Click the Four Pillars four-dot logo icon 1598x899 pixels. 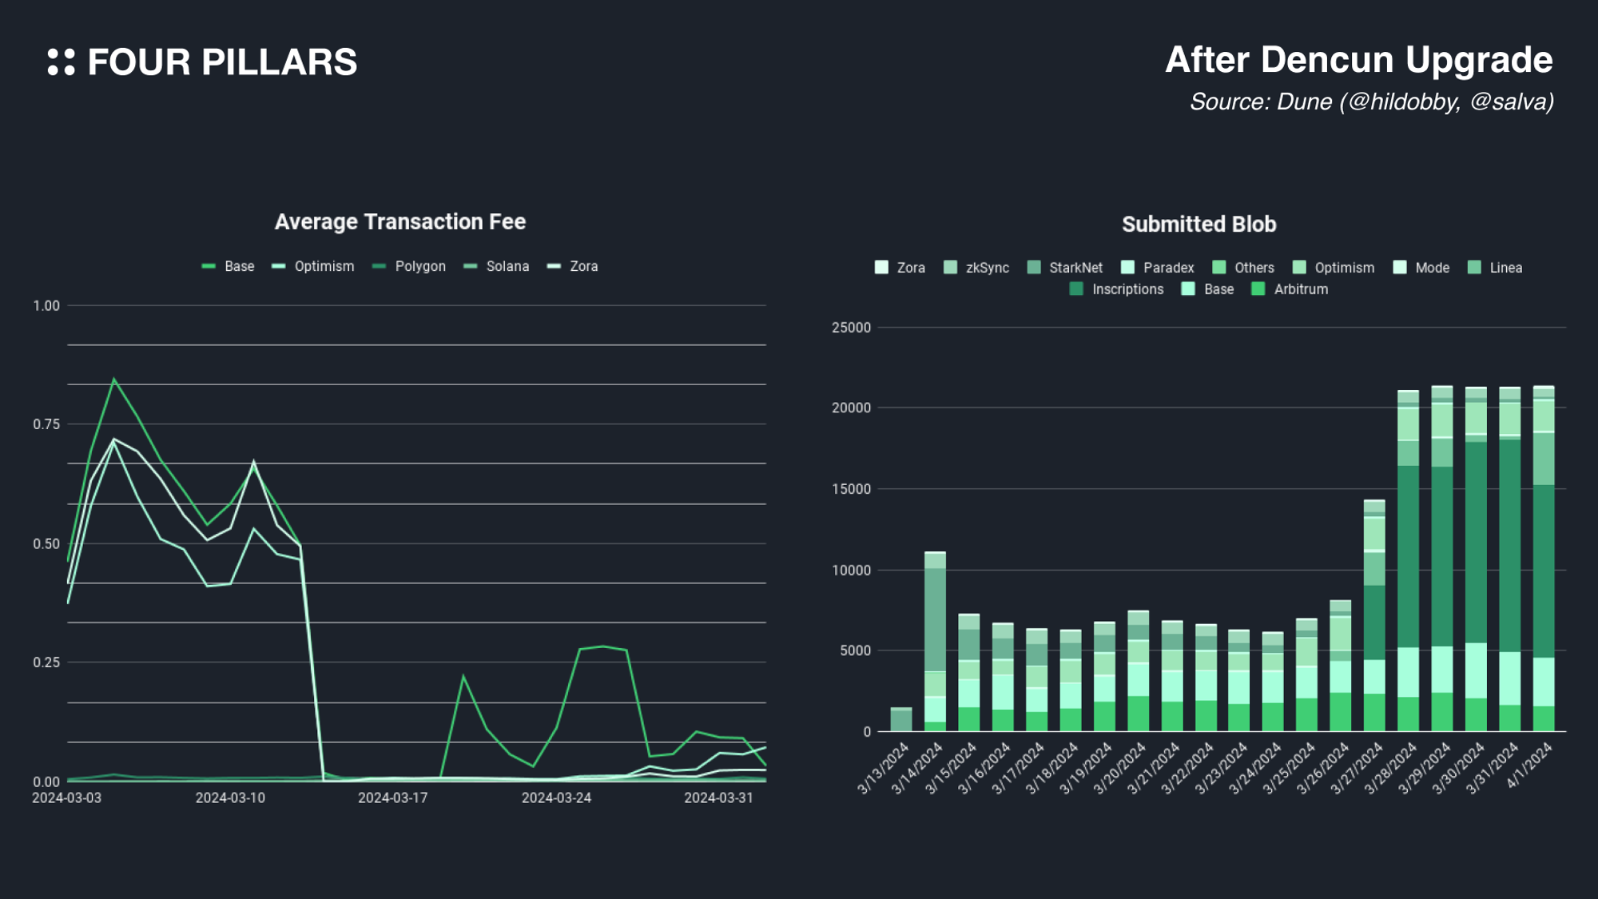[61, 62]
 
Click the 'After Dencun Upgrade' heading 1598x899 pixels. [1358, 60]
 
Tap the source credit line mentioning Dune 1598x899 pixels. [1371, 101]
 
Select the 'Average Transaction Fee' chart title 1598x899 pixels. [400, 221]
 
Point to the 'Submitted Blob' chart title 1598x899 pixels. [1198, 225]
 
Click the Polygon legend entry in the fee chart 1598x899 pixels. [410, 266]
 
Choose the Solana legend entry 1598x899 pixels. [497, 266]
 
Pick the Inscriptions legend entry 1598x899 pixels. [1117, 289]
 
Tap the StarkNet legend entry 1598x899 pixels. [1065, 268]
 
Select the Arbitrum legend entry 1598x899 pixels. [1290, 289]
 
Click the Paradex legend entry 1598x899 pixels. [1158, 268]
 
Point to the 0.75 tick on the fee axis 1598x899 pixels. [46, 424]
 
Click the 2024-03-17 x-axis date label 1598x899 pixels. [393, 798]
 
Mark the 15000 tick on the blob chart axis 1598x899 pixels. [851, 489]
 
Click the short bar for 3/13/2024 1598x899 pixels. [901, 719]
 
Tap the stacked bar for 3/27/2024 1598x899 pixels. [1374, 615]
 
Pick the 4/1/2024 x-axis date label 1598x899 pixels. [1530, 765]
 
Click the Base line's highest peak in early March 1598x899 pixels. [114, 380]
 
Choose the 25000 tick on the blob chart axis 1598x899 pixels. [851, 328]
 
